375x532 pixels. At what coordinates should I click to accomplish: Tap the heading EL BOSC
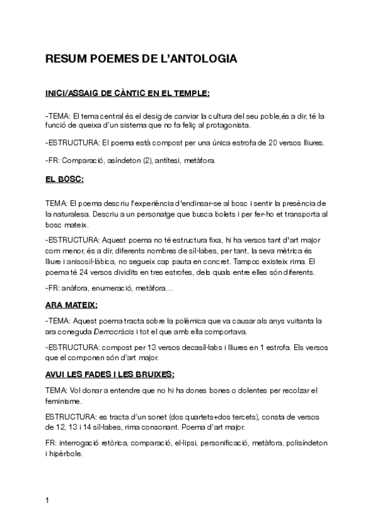(64, 179)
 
